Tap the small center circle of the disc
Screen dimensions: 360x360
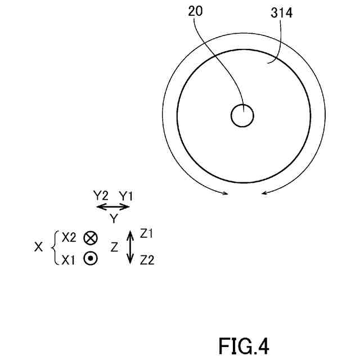pos(242,116)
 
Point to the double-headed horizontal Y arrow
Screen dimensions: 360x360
pos(113,206)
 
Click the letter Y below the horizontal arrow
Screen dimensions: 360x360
pos(113,218)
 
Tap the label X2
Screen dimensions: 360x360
pos(69,237)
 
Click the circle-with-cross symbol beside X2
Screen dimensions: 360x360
pos(90,238)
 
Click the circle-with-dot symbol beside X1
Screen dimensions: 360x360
pos(90,259)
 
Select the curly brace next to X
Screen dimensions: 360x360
pos(54,247)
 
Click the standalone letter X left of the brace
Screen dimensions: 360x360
pos(39,247)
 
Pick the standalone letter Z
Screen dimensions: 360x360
pos(114,247)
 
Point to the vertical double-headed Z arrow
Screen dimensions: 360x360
pos(130,247)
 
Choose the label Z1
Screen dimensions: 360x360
pos(147,233)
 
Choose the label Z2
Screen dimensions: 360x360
pos(147,260)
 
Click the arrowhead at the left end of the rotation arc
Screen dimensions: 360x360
pos(226,194)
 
